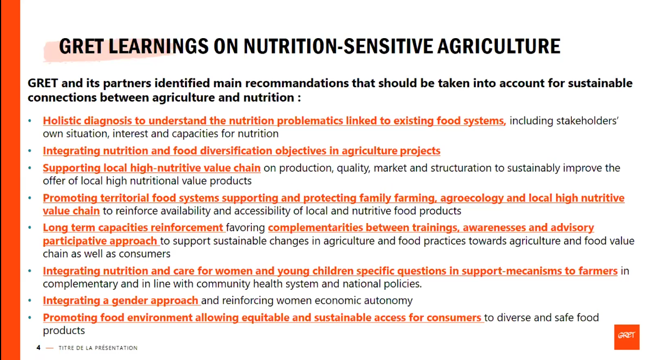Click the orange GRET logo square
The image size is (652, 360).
point(627,337)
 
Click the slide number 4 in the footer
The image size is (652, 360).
point(38,347)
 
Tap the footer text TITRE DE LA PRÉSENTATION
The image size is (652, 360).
point(98,348)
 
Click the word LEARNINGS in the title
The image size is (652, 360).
point(159,46)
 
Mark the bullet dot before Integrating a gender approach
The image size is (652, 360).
point(29,300)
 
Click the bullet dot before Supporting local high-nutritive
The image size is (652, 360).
point(29,168)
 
